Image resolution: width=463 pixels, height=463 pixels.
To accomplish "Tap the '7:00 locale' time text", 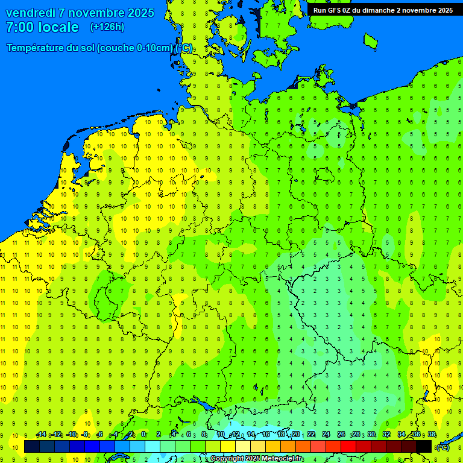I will [x=42, y=27].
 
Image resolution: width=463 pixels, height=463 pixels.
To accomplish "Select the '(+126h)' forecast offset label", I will [x=107, y=27].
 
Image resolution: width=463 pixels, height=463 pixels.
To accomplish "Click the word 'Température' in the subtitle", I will [x=39, y=48].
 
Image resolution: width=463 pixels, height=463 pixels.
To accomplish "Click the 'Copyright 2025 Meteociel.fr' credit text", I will [x=256, y=459].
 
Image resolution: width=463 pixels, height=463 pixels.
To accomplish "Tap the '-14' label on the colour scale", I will [x=41, y=435].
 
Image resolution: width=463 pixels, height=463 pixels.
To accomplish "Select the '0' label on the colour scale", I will [x=143, y=435].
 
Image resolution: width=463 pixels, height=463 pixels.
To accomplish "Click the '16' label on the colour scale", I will [x=266, y=435].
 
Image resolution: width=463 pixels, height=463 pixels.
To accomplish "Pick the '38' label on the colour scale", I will [x=432, y=435].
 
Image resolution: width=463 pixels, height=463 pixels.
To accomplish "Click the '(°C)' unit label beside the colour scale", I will [x=443, y=447].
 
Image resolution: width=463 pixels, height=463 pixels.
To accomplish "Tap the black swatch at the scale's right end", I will [x=424, y=446].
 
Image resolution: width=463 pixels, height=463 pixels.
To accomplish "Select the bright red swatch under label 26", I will [x=348, y=446].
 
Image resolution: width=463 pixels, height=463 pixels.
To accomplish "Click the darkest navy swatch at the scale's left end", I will [x=32, y=446].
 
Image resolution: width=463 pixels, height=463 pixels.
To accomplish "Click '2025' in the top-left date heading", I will [x=137, y=13].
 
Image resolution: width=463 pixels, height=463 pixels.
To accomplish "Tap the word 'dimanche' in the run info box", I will [x=374, y=10].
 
